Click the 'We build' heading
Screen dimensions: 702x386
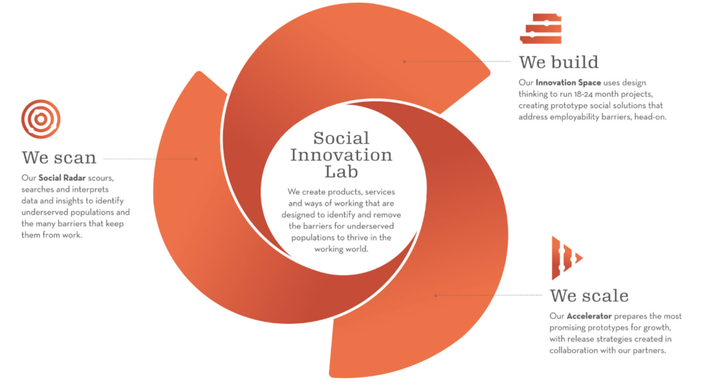point(558,62)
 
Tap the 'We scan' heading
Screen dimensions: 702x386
point(59,158)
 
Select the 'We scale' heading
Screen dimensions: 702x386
point(589,295)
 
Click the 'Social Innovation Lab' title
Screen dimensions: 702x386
point(341,154)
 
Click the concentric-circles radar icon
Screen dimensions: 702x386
point(40,119)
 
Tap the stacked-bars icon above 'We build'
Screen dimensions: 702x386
point(541,29)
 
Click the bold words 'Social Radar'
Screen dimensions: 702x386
point(62,178)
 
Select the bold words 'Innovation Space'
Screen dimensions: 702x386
point(568,82)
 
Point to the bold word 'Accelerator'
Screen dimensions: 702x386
point(589,316)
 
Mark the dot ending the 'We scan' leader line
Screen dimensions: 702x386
point(196,159)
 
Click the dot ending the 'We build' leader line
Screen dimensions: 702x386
point(404,62)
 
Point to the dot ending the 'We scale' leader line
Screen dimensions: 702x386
point(435,295)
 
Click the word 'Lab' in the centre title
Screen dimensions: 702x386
point(341,171)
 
